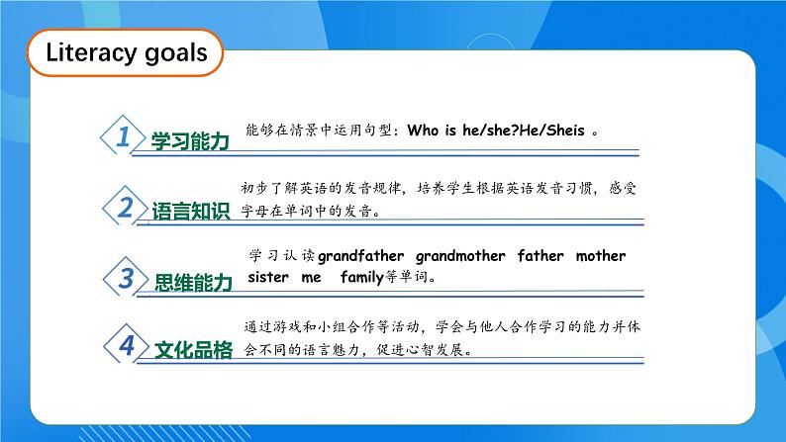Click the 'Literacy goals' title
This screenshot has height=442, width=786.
coord(127,52)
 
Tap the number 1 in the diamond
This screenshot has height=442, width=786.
coord(124,137)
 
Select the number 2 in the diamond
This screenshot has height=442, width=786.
coord(125,208)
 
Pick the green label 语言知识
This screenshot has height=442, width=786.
coord(190,212)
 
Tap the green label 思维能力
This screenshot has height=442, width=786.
coord(194,283)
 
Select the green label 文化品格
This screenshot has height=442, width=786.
coord(194,350)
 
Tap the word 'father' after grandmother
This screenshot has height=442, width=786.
coord(540,256)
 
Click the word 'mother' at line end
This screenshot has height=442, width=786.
coord(601,256)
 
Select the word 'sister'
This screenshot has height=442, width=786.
coord(268,278)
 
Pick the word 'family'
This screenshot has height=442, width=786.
coord(361,278)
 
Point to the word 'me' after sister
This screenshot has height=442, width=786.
coord(312,278)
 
